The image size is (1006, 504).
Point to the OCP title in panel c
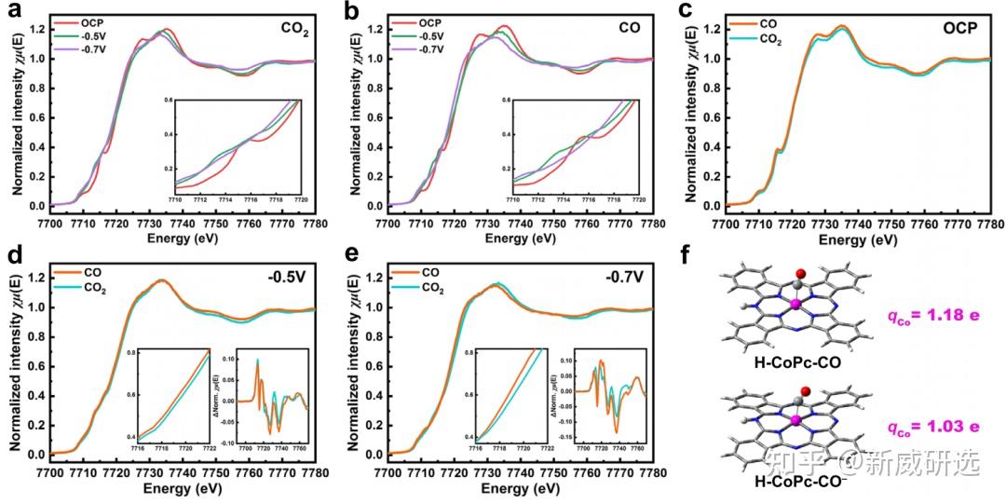958,28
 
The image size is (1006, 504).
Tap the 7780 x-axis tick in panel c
990,225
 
